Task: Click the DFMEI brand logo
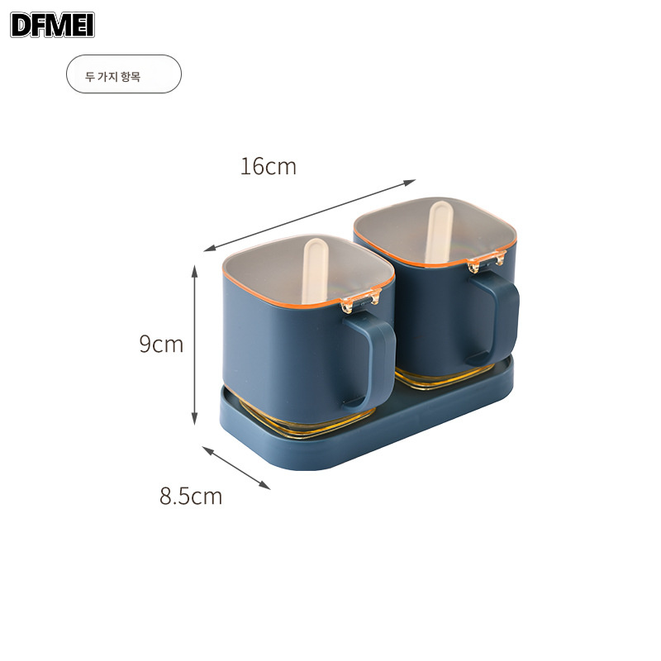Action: click(x=53, y=24)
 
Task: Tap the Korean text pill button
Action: click(x=123, y=74)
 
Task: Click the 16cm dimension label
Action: click(x=268, y=166)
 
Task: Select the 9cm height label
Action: click(x=161, y=344)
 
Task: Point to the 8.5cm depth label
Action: click(x=191, y=496)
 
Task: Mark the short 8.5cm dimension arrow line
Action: click(x=236, y=468)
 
